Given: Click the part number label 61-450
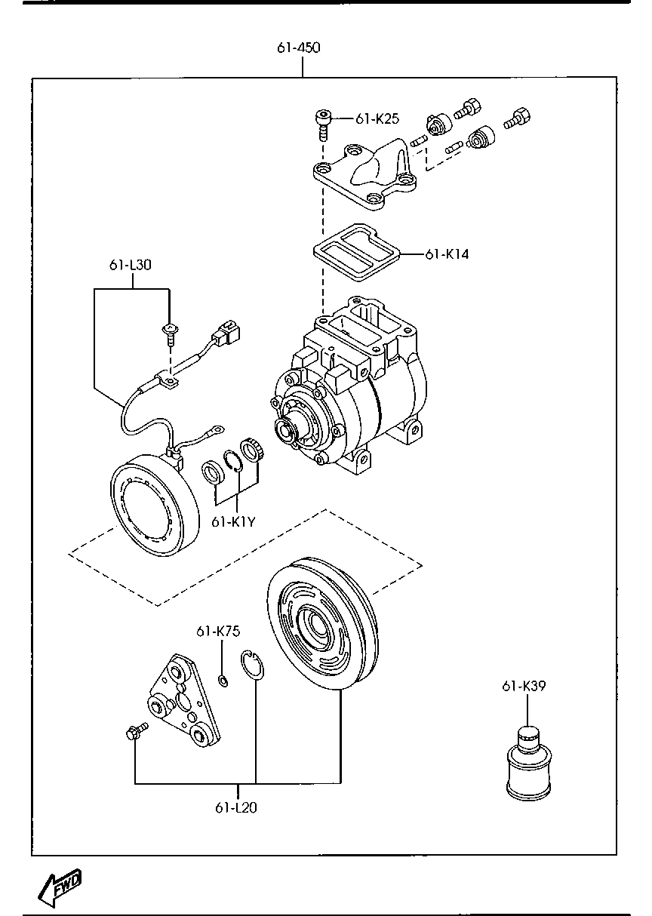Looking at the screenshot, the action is point(299,48).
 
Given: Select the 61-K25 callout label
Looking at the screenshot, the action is point(377,119).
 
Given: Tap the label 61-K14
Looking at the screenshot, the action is point(447,254).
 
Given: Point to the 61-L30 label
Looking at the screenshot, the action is point(130,265).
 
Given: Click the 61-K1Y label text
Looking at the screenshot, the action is point(234,522).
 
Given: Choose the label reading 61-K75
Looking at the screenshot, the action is point(218,632).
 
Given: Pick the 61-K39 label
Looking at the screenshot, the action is point(524,686).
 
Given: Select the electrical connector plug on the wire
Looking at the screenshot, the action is point(226,332).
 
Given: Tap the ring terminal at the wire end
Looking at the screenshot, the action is point(217,430).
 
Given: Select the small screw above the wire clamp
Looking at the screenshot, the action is point(170,334).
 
